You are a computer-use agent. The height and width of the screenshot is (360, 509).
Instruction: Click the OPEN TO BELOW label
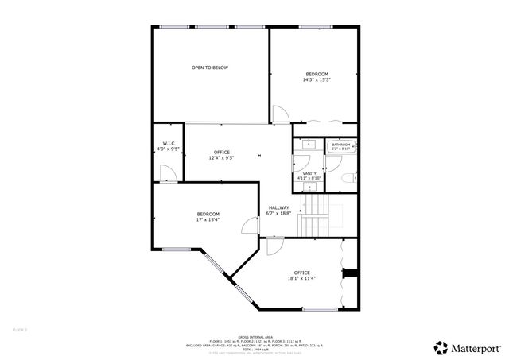[x=209, y=68]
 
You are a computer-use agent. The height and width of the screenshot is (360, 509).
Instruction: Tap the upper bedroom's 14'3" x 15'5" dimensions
[x=317, y=79]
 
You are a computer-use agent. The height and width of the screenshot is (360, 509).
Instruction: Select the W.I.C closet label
[x=168, y=143]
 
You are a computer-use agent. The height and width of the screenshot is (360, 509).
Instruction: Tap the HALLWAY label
[x=278, y=208]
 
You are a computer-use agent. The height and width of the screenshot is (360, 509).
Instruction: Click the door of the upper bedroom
[x=279, y=115]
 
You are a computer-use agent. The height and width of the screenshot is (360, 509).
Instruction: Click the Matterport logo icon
[x=440, y=347]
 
